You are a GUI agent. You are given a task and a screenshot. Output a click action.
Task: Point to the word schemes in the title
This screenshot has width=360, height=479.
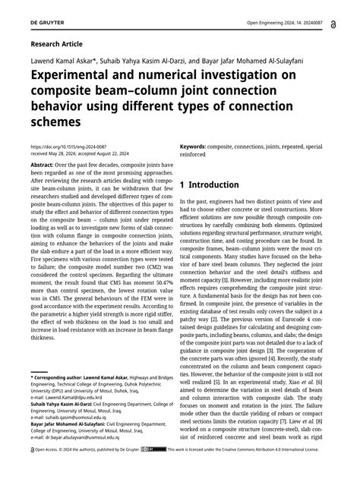click(x=55, y=121)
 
